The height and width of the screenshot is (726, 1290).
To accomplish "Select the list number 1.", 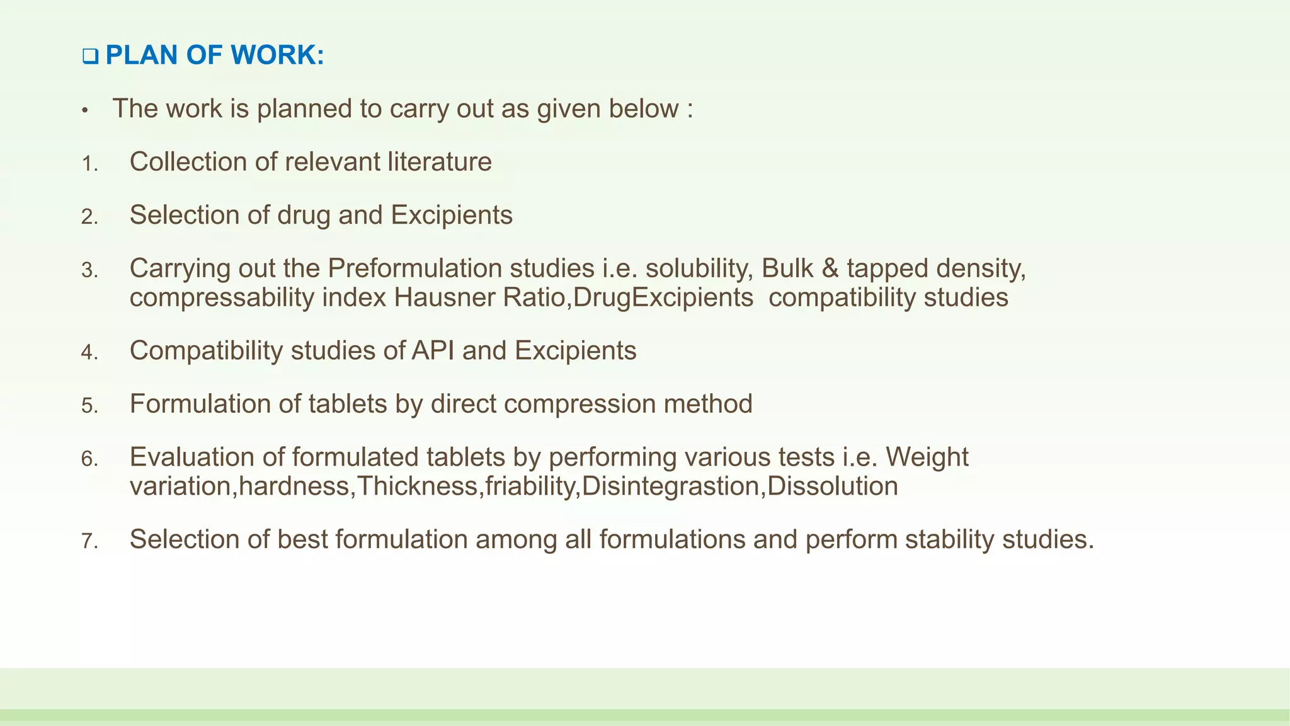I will [x=89, y=164].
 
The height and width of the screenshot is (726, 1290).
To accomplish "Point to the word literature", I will [x=439, y=162].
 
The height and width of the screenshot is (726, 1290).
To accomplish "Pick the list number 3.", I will [x=89, y=271].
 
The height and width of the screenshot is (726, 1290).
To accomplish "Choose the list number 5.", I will [x=89, y=406].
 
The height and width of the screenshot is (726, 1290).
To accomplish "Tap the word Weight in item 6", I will [x=927, y=458].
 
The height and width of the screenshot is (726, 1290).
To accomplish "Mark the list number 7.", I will [x=89, y=541].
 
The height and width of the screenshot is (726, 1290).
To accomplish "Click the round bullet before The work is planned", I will [x=85, y=112].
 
